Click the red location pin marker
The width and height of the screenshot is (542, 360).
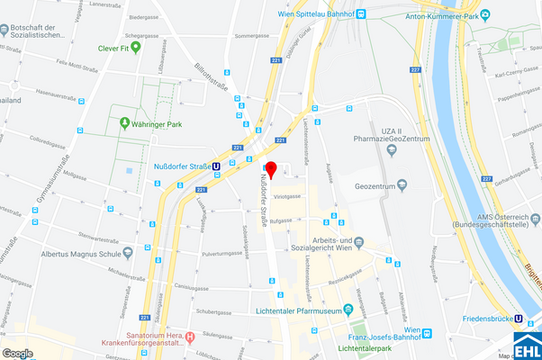click(271, 170)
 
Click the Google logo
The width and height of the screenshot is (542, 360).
click(17, 353)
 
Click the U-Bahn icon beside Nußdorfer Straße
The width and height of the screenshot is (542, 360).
click(216, 166)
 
